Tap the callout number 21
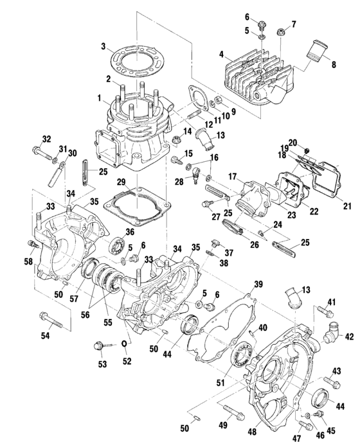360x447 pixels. (346, 206)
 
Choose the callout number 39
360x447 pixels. (258, 284)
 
